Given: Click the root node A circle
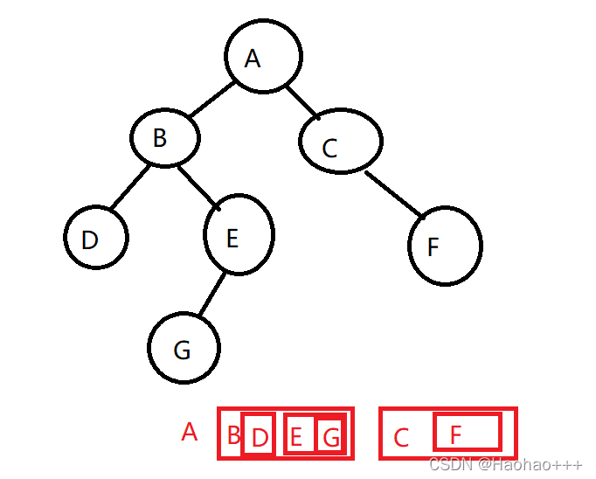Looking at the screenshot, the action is pyautogui.click(x=263, y=55).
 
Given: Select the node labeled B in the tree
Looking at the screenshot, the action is pyautogui.click(x=165, y=137).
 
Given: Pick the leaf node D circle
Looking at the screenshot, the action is pyautogui.click(x=96, y=237).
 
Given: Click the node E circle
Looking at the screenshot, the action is pyautogui.click(x=239, y=234).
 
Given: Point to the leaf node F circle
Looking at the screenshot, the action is pyautogui.click(x=445, y=245).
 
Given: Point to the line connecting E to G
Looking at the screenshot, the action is pyautogui.click(x=211, y=295).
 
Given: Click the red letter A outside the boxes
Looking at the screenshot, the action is pyautogui.click(x=190, y=432).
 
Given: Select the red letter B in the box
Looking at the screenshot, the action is pyautogui.click(x=232, y=435).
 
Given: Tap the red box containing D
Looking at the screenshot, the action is pyautogui.click(x=259, y=435).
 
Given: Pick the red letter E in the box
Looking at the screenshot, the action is pyautogui.click(x=297, y=436).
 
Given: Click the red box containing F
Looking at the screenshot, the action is pyautogui.click(x=468, y=433).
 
